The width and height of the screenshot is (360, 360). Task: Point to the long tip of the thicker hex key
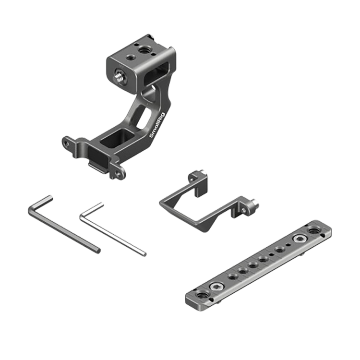pos(98,251)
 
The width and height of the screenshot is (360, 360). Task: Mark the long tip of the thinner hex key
pos(144,254)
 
